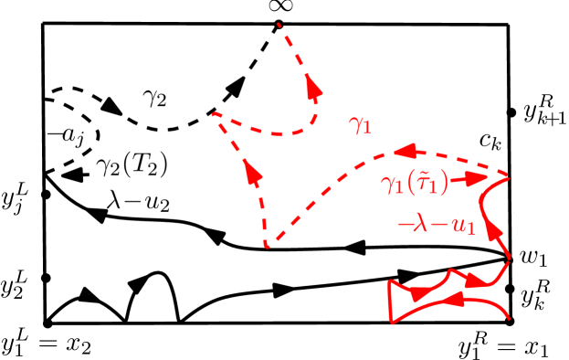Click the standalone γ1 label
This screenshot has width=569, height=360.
(361, 125)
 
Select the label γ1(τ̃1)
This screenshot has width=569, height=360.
(414, 184)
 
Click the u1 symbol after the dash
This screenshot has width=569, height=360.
(464, 226)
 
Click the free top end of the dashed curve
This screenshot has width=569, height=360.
(279, 25)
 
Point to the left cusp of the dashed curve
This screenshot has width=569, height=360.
(215, 114)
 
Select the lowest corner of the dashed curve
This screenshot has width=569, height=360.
(266, 246)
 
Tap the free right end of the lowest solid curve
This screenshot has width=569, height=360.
(508, 319)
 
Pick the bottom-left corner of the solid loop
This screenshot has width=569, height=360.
(392, 321)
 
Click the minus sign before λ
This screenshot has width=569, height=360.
(403, 226)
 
